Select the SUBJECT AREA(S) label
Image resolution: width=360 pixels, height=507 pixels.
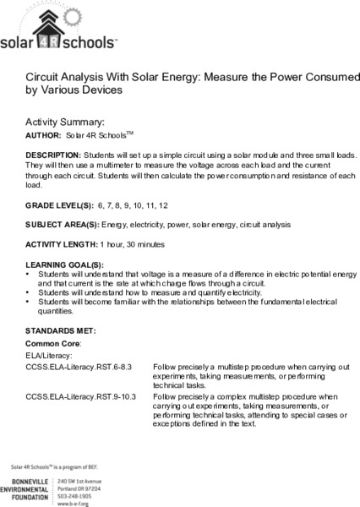click(63, 226)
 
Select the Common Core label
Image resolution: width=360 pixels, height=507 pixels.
click(52, 346)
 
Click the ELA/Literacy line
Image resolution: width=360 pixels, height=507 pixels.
click(48, 357)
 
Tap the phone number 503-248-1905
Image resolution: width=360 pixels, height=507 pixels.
click(79, 490)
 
